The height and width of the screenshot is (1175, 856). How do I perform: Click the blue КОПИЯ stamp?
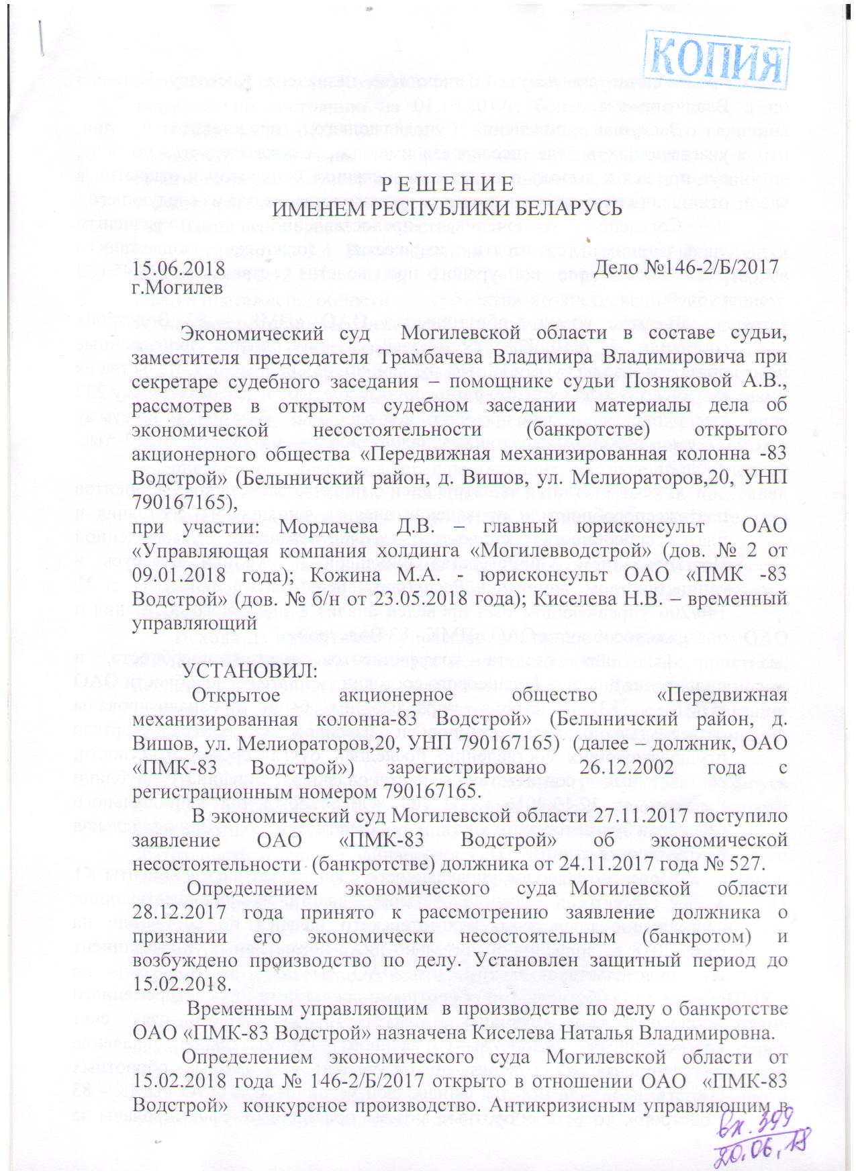point(718,58)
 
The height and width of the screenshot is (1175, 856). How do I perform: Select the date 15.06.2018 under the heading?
point(178,267)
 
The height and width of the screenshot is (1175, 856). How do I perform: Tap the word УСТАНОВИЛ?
point(247,671)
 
